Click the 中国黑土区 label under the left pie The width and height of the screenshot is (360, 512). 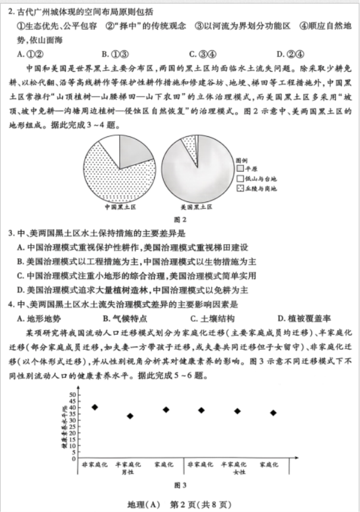click(120, 207)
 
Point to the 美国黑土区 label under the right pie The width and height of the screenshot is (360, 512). click(196, 207)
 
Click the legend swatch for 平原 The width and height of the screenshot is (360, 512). click(240, 168)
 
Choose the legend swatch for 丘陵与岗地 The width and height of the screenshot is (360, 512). click(240, 188)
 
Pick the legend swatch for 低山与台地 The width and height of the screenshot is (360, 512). click(240, 178)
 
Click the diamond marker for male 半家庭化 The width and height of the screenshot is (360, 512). click(130, 416)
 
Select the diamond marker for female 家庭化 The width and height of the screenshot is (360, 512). click(273, 412)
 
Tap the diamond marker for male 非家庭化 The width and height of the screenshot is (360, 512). click(95, 407)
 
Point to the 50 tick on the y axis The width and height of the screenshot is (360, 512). click(73, 394)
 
